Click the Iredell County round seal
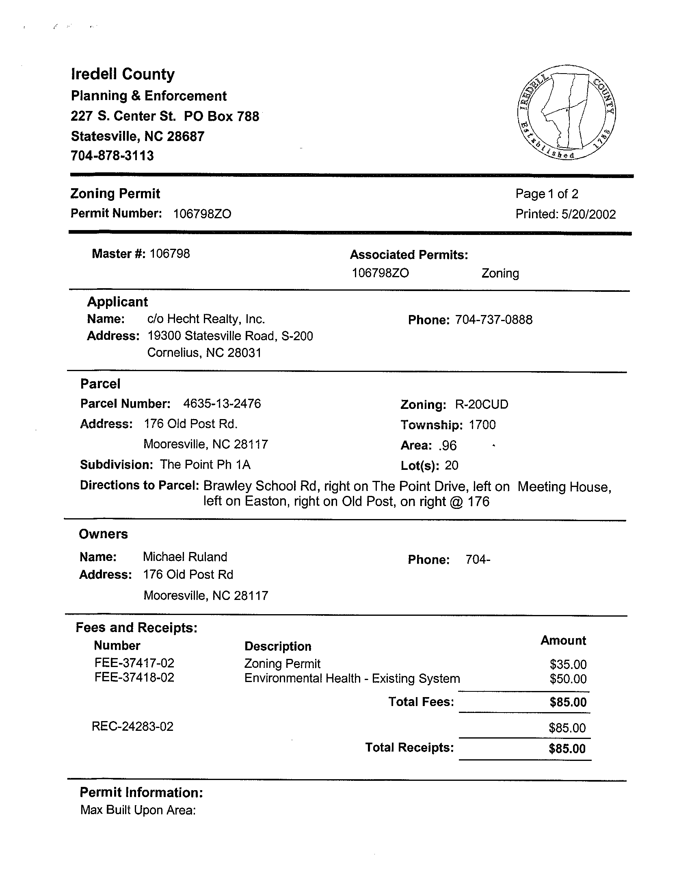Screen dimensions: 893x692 pyautogui.click(x=566, y=112)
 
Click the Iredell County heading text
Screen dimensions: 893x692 pyautogui.click(x=123, y=74)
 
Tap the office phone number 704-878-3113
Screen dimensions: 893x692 pyautogui.click(x=112, y=156)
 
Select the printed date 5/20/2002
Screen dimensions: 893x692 pyautogui.click(x=588, y=214)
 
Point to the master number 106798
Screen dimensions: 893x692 pyautogui.click(x=169, y=254)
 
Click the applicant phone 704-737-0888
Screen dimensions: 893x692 pyautogui.click(x=493, y=320)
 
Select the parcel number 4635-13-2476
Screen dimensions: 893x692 pyautogui.click(x=222, y=404)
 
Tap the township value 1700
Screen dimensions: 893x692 pyautogui.click(x=482, y=425)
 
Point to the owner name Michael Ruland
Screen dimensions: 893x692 pyautogui.click(x=185, y=557)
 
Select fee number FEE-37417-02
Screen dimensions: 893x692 pyautogui.click(x=134, y=663)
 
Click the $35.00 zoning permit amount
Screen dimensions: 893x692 pyautogui.click(x=568, y=665)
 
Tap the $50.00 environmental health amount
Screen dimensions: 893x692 pyautogui.click(x=568, y=679)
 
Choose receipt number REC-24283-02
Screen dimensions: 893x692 pyautogui.click(x=132, y=727)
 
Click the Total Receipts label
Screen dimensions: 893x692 pyautogui.click(x=409, y=747)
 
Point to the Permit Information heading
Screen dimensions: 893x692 pyautogui.click(x=141, y=793)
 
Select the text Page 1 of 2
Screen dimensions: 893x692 pyautogui.click(x=547, y=194)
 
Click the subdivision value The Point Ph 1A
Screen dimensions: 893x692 pyautogui.click(x=205, y=465)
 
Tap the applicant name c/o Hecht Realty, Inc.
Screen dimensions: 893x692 pyautogui.click(x=206, y=319)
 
